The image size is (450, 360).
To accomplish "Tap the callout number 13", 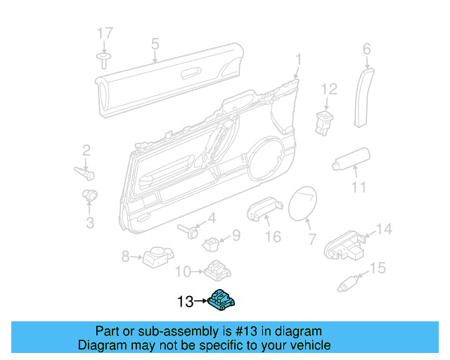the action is pos(185,302).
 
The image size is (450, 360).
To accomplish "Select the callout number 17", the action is pos(104,33).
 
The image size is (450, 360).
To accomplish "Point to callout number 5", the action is pos(155,45).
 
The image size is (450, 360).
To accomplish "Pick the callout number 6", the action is pos(366,49).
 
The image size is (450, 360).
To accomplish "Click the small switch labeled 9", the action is pos(212,243).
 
